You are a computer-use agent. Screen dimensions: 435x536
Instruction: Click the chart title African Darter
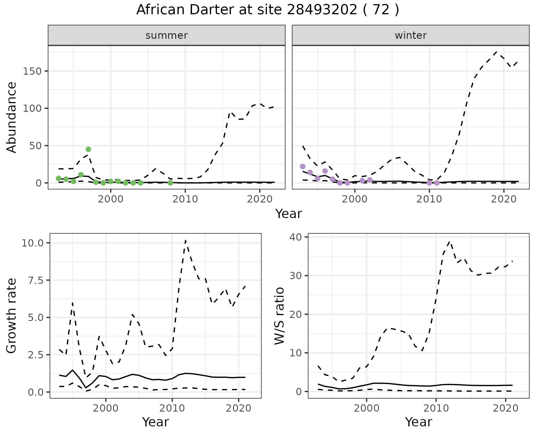tap(267, 10)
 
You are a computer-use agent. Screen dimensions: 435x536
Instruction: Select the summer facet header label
tap(167, 35)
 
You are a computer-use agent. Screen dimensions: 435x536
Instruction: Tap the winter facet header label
tap(411, 35)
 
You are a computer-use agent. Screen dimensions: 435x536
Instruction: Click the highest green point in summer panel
tap(88, 149)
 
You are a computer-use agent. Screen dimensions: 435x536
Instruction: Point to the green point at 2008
tap(170, 183)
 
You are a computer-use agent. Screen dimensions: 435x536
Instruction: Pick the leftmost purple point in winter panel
tap(303, 166)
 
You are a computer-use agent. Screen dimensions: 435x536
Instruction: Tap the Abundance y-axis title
tap(12, 117)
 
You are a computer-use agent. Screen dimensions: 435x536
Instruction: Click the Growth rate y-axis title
tap(12, 316)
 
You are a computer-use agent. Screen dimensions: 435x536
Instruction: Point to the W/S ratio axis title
tap(279, 316)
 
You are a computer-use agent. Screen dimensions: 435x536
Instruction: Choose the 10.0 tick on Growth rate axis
tap(32, 243)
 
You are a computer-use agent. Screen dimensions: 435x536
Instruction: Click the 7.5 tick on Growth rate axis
tap(36, 280)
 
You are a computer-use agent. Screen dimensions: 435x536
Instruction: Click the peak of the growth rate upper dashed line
tap(185, 241)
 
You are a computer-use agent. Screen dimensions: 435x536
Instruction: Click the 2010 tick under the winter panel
tap(429, 199)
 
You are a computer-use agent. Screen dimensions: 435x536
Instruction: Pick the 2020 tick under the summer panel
tap(260, 199)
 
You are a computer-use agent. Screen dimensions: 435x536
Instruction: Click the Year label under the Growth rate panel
tap(155, 422)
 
